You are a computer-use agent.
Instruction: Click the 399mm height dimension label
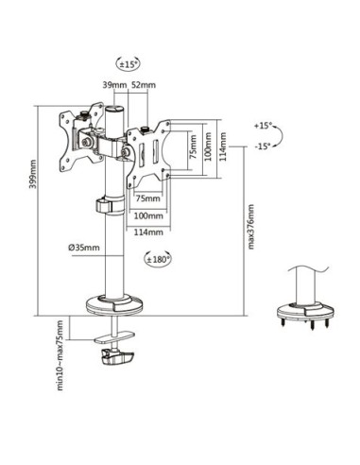coord(32,174)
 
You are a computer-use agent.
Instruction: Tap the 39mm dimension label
coord(114,85)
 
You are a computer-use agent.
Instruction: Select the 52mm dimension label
coord(144,85)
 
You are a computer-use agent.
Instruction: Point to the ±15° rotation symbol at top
coord(128,64)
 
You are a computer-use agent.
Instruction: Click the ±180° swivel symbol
coord(158,259)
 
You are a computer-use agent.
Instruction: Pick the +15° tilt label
coord(263,126)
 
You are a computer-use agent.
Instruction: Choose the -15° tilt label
coord(263,146)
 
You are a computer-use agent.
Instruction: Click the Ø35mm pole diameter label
coord(84,248)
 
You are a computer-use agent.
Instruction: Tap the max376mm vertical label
coord(250,227)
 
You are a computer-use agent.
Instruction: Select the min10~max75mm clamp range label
coord(60,355)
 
